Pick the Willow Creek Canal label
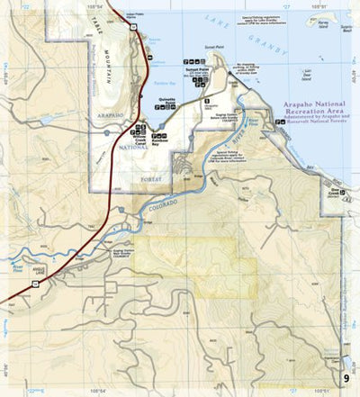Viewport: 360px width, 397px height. click(x=139, y=132)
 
